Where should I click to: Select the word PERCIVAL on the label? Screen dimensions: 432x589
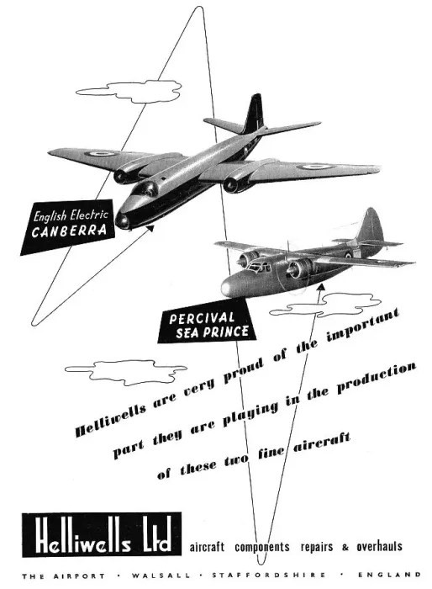click(202, 318)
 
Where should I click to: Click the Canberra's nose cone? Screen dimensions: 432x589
click(123, 220)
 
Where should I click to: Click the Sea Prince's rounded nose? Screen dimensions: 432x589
click(229, 288)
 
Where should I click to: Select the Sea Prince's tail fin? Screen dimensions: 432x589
click(369, 225)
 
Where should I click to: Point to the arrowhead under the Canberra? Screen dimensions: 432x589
click(150, 227)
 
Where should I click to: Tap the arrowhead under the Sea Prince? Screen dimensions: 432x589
click(320, 288)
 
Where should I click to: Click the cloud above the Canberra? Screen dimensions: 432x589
click(129, 91)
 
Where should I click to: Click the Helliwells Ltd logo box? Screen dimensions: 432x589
click(102, 534)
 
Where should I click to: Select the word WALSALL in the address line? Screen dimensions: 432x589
click(161, 575)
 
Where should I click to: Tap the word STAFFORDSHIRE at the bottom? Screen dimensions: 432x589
click(269, 575)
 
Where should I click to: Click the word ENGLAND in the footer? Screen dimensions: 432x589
click(389, 575)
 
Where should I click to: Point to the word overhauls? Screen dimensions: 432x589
click(379, 546)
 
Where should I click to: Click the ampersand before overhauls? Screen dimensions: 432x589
click(345, 547)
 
